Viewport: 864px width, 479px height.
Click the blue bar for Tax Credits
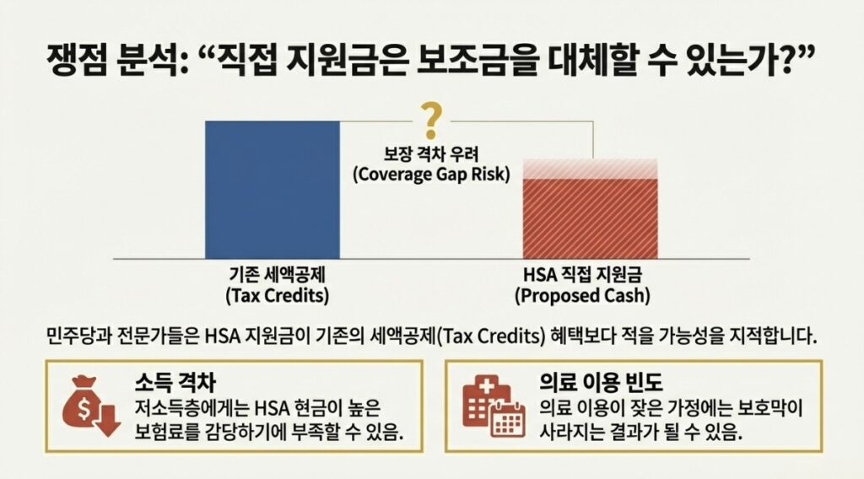coord(273,190)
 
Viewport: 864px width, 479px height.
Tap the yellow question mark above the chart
coord(431,121)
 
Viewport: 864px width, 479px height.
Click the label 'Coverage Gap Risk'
coord(431,174)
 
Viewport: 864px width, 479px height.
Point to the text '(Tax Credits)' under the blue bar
coord(277,296)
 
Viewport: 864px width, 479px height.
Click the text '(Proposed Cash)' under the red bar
coord(582,296)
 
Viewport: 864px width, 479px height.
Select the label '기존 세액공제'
coord(277,273)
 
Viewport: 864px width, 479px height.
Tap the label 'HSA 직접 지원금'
coord(582,273)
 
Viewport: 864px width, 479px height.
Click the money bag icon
coord(91,406)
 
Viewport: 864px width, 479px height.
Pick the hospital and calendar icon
coord(494,406)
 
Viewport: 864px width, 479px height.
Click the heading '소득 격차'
coord(175,382)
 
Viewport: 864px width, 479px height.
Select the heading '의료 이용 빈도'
coord(601,382)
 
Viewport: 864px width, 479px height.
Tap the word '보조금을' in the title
coord(475,60)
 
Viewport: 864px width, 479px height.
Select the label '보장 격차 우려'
coord(431,153)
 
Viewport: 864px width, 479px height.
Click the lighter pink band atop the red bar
coord(590,169)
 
